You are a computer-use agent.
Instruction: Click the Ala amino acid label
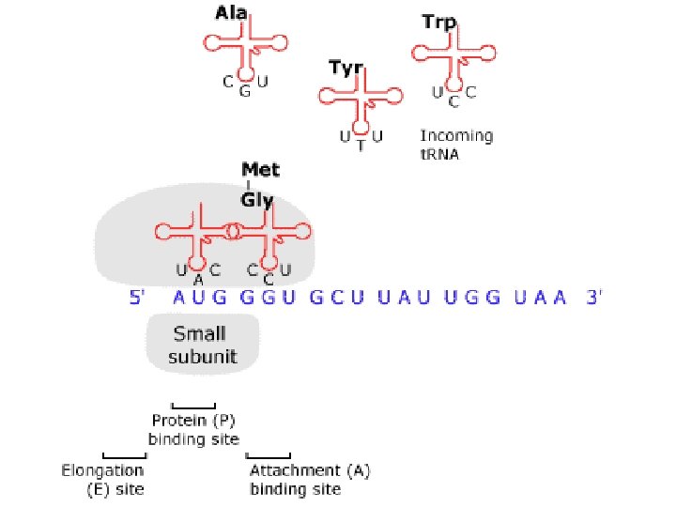232,15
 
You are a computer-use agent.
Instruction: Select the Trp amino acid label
438,21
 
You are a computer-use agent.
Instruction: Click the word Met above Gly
260,171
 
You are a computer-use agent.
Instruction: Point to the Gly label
256,200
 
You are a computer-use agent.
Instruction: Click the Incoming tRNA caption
455,145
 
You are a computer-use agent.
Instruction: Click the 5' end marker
137,298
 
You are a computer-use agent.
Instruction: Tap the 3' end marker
594,298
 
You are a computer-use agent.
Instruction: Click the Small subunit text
203,344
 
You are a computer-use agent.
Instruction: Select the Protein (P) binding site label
193,429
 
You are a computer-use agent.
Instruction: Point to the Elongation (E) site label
103,479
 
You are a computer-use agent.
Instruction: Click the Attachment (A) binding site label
307,479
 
